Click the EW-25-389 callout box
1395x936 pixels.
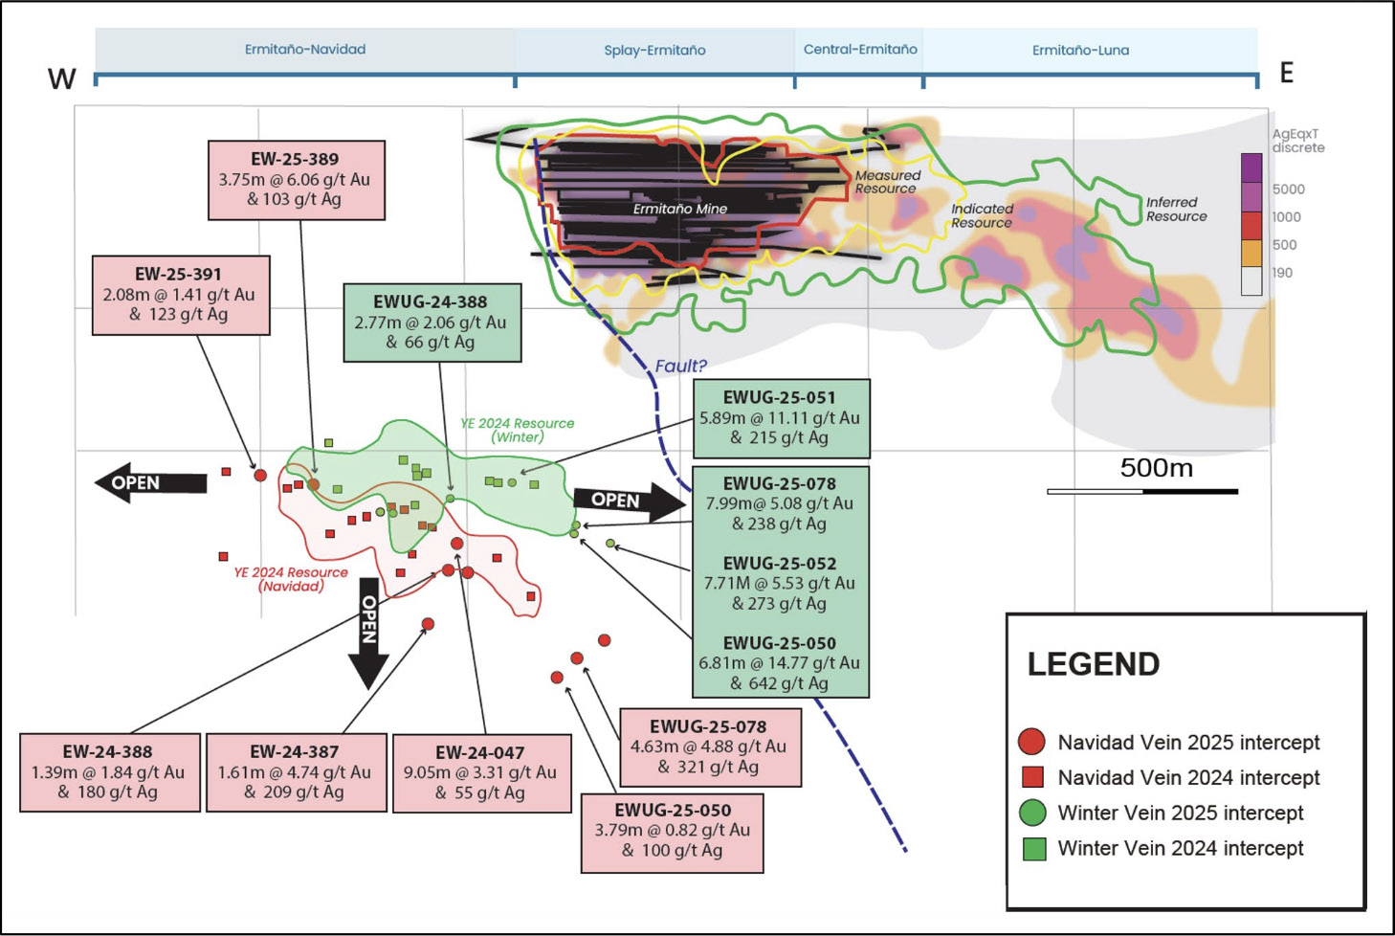tap(297, 180)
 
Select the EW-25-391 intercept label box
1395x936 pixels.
tap(181, 295)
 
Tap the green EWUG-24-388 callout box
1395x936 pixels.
tap(432, 323)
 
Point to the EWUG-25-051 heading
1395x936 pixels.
tap(780, 397)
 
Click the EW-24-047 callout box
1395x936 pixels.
tap(481, 772)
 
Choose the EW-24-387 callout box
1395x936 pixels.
tap(296, 771)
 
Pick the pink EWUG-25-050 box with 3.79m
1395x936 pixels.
tap(672, 832)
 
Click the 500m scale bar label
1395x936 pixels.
tap(1156, 468)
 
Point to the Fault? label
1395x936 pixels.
tap(680, 366)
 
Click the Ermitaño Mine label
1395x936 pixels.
tap(679, 209)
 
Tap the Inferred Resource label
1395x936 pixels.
tap(1176, 209)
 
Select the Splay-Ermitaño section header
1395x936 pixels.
tap(654, 50)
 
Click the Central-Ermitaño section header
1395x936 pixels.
tap(859, 49)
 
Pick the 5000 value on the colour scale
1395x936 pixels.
tap(1288, 189)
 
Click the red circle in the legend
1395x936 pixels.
tap(1031, 742)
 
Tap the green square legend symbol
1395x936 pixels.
tap(1033, 848)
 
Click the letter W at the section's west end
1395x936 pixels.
tap(62, 78)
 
